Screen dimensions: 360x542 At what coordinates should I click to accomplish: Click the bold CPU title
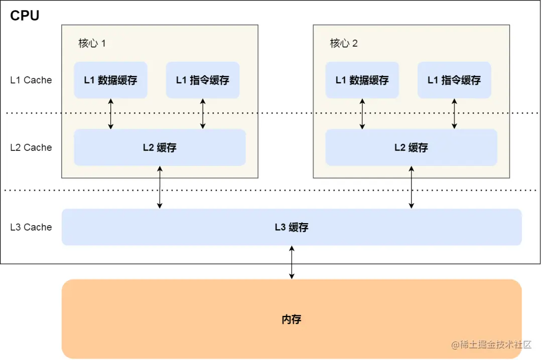coord(25,16)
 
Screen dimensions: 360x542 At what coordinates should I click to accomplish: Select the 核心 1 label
coord(92,43)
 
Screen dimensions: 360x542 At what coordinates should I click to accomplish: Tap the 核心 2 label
coord(344,43)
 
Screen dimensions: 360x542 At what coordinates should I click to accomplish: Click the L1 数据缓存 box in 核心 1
coord(110,80)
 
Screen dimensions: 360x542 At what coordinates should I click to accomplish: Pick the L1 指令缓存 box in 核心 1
coord(202,80)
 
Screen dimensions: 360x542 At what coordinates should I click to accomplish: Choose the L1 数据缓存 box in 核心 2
coord(362,80)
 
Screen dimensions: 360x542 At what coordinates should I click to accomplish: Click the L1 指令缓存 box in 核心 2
coord(454,80)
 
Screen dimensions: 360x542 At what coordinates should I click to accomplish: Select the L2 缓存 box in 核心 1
coord(160,147)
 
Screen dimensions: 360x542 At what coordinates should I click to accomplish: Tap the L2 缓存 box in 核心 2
coord(411,147)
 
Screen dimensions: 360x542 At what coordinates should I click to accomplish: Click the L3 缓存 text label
coord(292,227)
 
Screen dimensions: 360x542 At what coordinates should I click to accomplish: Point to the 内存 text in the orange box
coord(292,319)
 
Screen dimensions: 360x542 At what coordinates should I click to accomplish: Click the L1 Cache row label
coord(31,80)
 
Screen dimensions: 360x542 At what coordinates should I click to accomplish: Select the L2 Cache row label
coord(31,147)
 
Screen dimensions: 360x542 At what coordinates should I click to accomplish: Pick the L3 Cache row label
coord(31,227)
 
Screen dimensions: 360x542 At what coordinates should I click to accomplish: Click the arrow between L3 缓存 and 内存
coord(292,262)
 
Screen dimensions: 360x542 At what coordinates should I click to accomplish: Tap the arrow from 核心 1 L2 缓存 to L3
coord(160,187)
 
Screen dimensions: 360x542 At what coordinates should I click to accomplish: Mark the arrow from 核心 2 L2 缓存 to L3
coord(412,187)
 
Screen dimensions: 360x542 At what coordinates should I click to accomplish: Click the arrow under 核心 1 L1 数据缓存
coord(111,114)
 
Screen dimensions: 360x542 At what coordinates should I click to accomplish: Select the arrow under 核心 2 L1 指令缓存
coord(454,114)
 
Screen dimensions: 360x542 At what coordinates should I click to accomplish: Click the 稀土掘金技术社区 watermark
coord(491,344)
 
